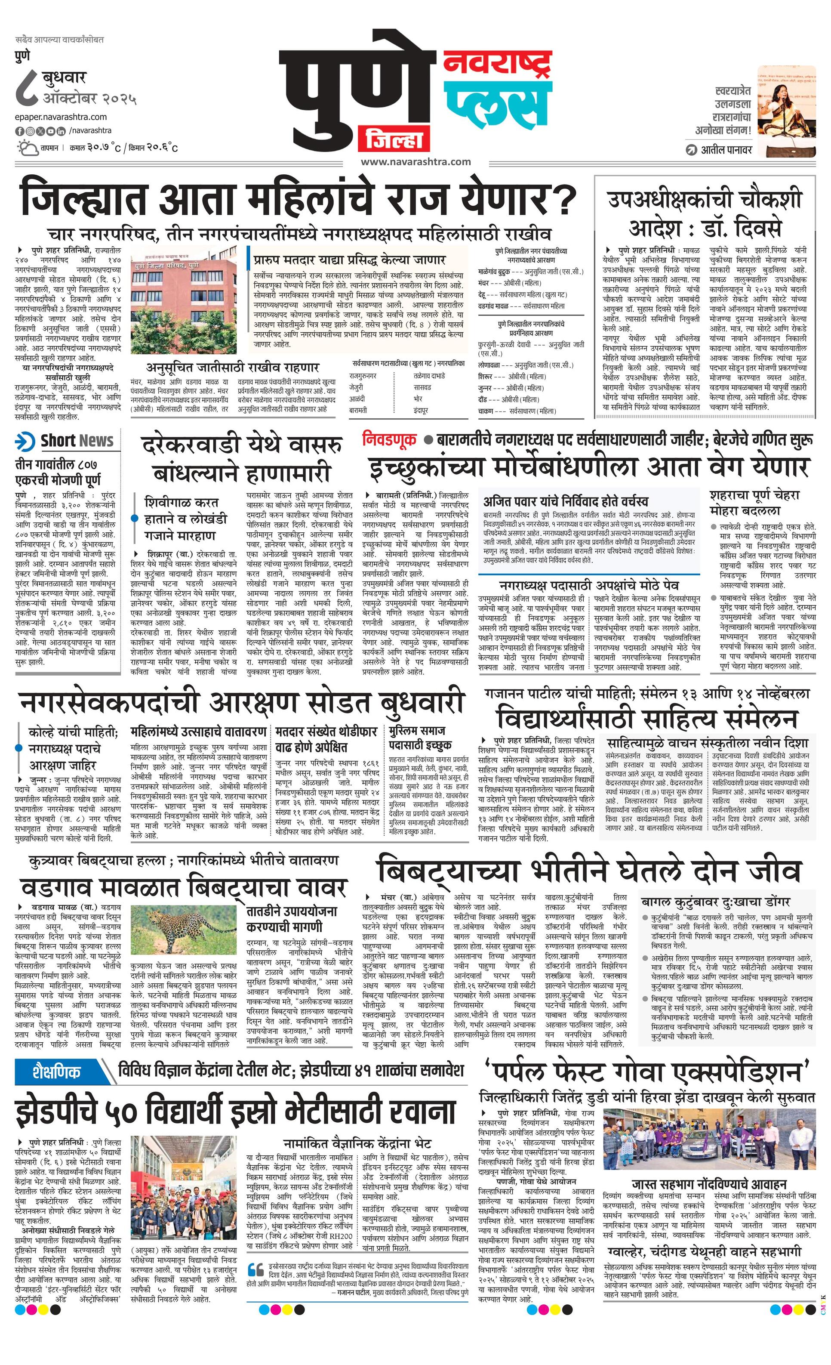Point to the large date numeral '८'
coord(27,89)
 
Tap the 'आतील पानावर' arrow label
coord(719,150)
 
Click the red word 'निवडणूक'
coord(389,439)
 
